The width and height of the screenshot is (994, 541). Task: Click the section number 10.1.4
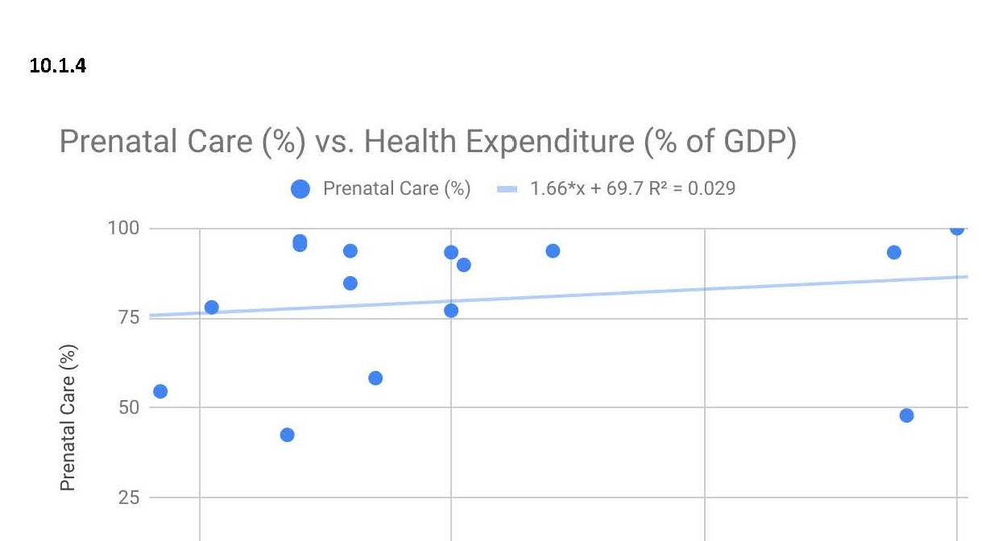click(57, 66)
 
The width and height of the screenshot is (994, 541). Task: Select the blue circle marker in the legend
click(300, 189)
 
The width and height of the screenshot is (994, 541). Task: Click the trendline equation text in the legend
click(632, 189)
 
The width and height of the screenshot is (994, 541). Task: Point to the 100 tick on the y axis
click(123, 229)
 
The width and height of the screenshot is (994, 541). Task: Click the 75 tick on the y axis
click(129, 318)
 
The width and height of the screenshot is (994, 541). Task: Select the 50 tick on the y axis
click(129, 407)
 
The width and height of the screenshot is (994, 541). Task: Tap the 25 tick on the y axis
click(129, 498)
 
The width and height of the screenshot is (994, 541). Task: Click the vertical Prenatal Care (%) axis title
click(68, 417)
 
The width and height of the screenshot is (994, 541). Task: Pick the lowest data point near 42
click(287, 435)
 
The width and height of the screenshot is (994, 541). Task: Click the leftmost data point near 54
click(160, 391)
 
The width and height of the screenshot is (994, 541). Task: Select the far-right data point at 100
click(957, 229)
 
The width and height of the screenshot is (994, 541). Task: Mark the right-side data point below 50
click(906, 415)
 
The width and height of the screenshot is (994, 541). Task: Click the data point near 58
click(375, 378)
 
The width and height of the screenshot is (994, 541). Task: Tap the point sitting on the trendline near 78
click(212, 308)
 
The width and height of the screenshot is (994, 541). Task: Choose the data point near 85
click(350, 283)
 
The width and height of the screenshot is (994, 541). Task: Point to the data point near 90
click(464, 265)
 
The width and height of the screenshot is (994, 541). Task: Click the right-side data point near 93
click(893, 253)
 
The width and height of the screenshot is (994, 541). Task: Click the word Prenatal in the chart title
click(118, 142)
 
